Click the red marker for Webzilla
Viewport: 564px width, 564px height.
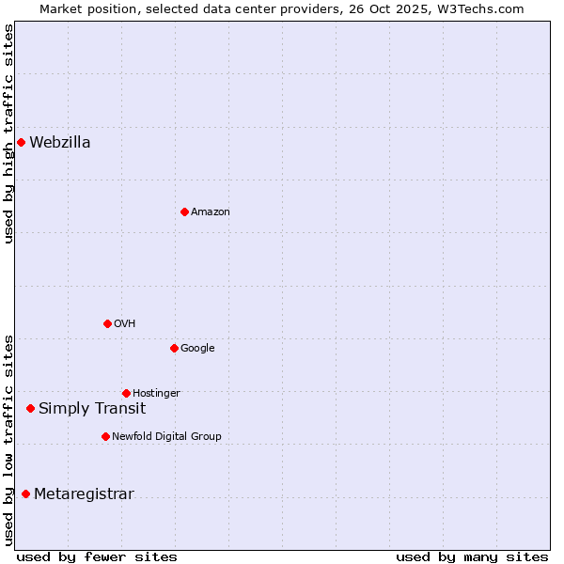[x=21, y=143]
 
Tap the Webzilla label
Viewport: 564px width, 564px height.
[x=60, y=143]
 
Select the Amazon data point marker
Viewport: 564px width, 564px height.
[x=184, y=212]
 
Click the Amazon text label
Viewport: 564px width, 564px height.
[x=211, y=212]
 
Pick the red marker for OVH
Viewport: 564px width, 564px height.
[x=107, y=324]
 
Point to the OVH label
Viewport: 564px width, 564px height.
[x=125, y=324]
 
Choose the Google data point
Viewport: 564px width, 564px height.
[x=174, y=349]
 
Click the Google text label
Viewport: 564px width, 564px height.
[x=197, y=349]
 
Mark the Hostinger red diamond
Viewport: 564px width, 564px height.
[x=126, y=394]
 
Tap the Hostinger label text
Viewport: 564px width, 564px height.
[x=156, y=394]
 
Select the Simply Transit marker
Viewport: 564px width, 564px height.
[x=30, y=409]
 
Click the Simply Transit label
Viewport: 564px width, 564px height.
[x=92, y=409]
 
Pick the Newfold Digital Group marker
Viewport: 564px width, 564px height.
[x=105, y=437]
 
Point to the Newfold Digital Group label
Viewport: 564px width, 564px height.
[x=166, y=437]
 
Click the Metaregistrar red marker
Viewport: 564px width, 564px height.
[x=25, y=494]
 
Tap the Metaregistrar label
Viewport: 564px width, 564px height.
[x=84, y=494]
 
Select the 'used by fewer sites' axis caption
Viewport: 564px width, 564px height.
[x=97, y=556]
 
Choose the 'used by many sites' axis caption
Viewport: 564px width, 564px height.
[x=472, y=556]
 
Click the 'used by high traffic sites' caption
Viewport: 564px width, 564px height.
[x=9, y=133]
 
